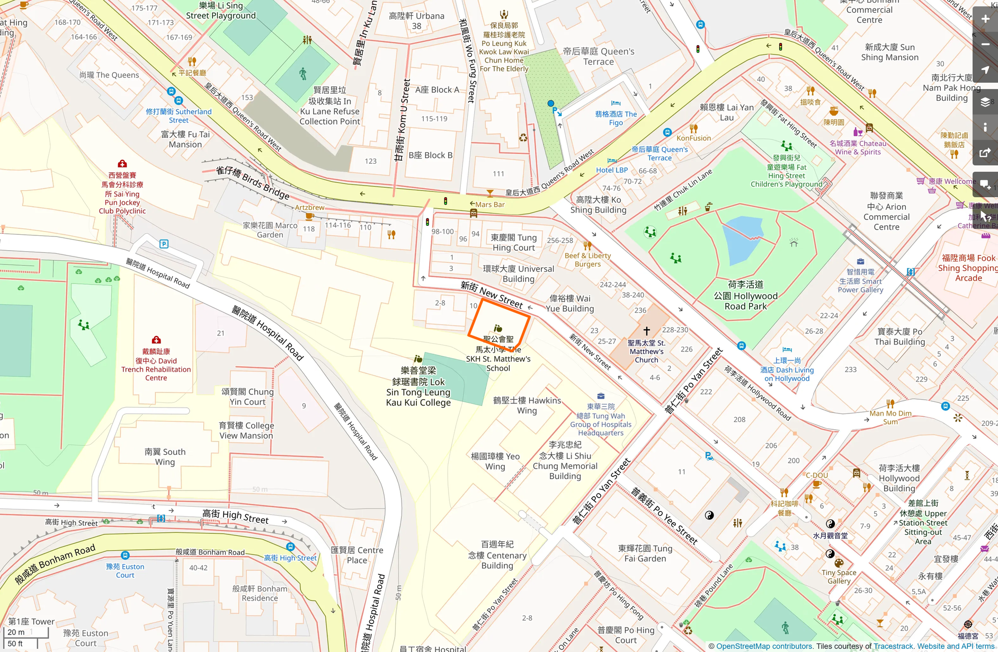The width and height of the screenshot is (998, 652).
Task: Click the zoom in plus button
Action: (x=985, y=19)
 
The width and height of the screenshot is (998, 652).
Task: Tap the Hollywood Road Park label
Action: (x=745, y=296)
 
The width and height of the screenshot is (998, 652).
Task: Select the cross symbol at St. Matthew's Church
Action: (x=646, y=331)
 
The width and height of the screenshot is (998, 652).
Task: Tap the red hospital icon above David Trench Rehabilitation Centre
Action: (x=156, y=340)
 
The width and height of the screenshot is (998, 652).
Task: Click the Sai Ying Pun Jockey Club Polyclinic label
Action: (x=122, y=193)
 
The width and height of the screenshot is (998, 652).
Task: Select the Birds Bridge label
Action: (x=253, y=182)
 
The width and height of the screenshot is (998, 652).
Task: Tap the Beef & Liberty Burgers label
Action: (x=587, y=260)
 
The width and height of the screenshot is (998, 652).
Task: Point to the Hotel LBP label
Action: (x=612, y=170)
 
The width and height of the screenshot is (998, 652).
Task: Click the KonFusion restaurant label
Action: (x=693, y=138)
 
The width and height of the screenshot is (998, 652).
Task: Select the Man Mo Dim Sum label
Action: (x=890, y=417)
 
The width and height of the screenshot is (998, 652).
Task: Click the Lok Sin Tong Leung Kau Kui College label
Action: (x=418, y=386)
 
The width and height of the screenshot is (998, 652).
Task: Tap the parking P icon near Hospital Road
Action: (x=164, y=244)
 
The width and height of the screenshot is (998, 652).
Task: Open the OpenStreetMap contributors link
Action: (x=764, y=646)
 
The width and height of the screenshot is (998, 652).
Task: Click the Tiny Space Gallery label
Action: (x=839, y=577)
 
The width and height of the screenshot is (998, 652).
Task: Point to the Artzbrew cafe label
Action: (x=309, y=207)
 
